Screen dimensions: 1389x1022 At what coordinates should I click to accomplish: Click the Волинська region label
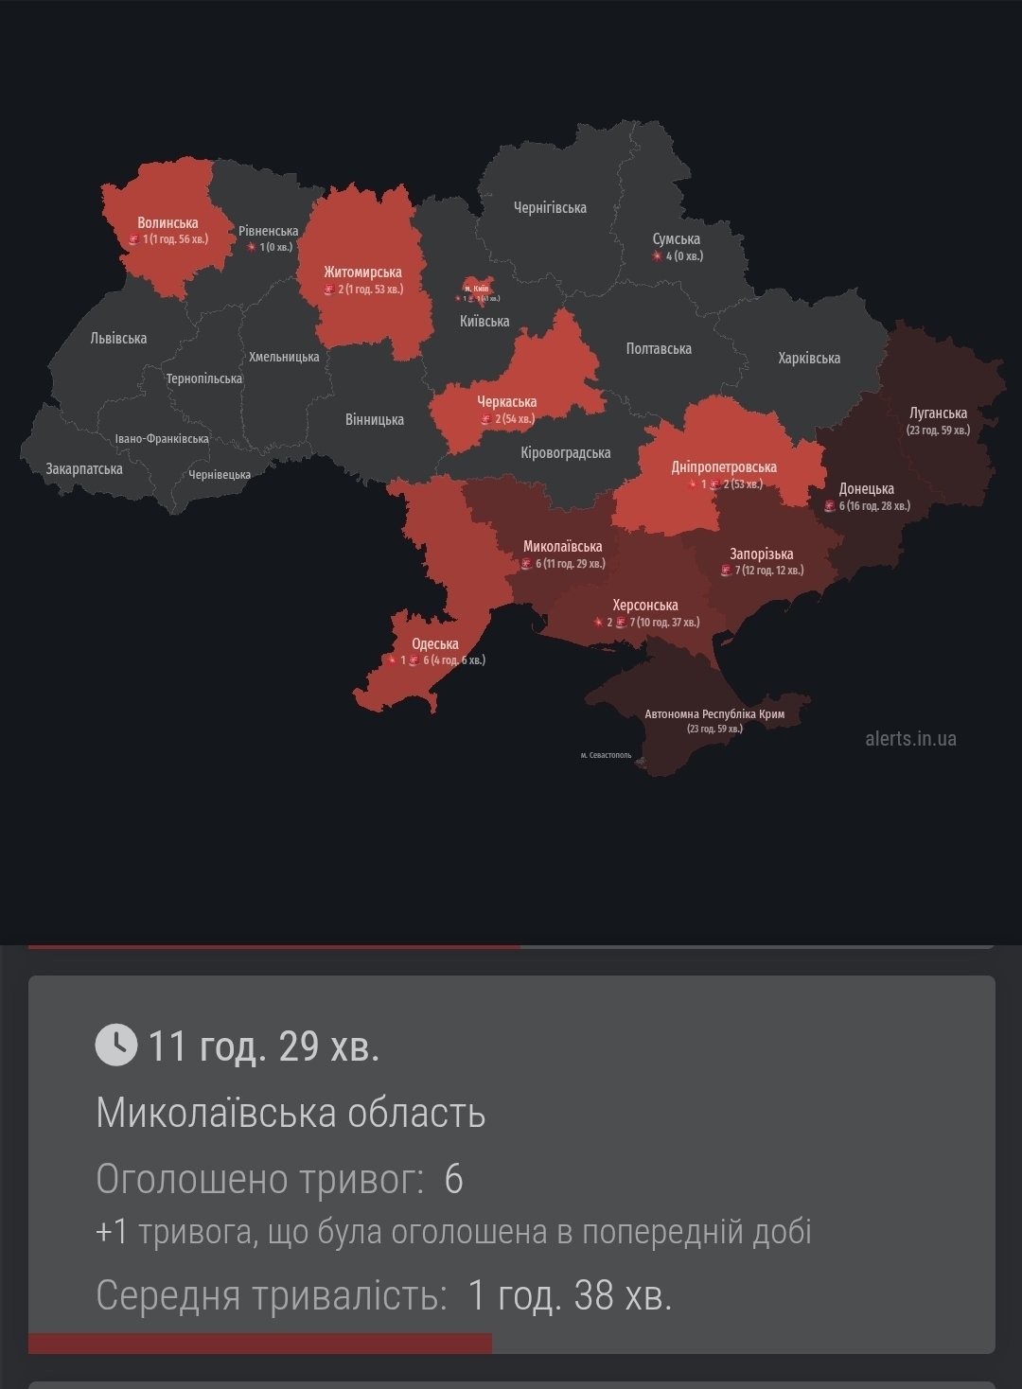point(167,223)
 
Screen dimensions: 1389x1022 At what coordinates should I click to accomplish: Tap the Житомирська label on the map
point(362,273)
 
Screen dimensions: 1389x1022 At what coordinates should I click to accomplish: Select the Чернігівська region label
point(550,207)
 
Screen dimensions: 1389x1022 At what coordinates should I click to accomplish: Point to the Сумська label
point(676,239)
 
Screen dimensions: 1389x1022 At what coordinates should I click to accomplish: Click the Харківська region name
point(809,358)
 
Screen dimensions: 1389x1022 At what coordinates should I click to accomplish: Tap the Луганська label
point(938,413)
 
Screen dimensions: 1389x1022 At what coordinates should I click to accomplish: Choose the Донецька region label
point(866,489)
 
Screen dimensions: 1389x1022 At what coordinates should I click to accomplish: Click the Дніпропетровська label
point(724,467)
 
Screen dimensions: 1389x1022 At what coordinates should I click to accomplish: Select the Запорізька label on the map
point(761,554)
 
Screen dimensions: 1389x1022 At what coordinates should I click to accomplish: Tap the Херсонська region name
point(644,606)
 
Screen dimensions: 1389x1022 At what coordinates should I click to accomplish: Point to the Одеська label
point(434,644)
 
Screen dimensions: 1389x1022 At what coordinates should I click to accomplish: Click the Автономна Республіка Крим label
point(714,713)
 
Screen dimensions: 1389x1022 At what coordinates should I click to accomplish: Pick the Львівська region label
point(118,338)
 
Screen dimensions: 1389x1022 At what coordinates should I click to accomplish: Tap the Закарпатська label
point(84,468)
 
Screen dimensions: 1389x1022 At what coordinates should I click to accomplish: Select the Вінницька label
point(375,419)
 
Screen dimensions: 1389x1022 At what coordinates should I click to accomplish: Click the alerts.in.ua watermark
point(910,738)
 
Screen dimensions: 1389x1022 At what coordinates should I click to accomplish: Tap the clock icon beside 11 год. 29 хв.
point(116,1045)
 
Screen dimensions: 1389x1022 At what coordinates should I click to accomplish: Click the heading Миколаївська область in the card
point(291,1113)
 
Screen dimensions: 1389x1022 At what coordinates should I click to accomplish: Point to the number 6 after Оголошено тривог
point(453,1180)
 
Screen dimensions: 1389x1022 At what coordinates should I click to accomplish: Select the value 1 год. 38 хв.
point(570,1295)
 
